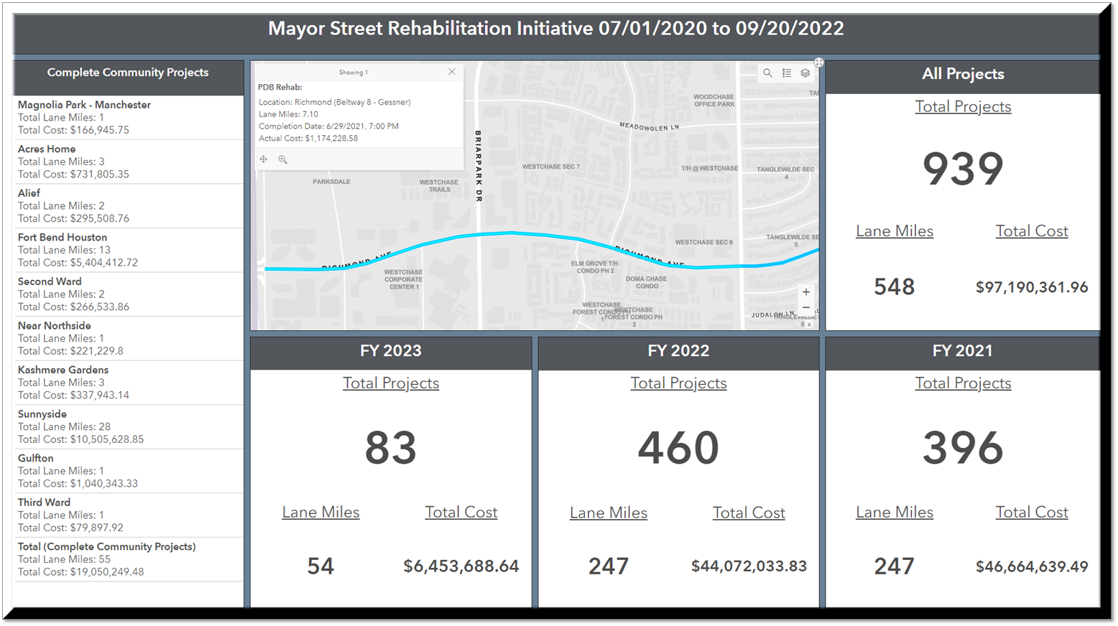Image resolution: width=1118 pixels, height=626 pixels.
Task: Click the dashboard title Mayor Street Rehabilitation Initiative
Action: [x=555, y=29]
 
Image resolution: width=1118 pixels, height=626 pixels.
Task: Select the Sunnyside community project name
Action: [x=42, y=414]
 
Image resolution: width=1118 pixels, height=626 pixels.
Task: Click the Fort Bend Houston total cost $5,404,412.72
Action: [x=78, y=263]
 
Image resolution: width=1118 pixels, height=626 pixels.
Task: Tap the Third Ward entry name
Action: [x=44, y=503]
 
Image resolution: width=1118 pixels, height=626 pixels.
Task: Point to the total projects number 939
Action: [x=963, y=169]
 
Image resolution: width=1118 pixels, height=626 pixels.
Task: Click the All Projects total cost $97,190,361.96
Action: [x=1031, y=287]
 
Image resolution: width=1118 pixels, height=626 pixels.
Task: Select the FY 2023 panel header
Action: [x=391, y=351]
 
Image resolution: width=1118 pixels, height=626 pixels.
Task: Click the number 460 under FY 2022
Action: [x=678, y=448]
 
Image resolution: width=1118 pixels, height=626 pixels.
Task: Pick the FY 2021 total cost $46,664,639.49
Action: [x=1031, y=566]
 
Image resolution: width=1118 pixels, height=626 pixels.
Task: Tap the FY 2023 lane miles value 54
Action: [x=320, y=566]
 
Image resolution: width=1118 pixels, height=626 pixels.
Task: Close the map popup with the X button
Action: [x=452, y=72]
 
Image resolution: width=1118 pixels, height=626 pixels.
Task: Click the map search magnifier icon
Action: [x=767, y=73]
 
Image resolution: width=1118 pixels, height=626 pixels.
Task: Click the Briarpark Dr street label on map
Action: [x=478, y=167]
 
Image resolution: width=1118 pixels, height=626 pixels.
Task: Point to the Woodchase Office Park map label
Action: [x=713, y=101]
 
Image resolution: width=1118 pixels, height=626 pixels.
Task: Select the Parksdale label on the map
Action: [x=331, y=182]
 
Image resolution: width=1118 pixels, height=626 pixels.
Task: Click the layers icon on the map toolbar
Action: [x=805, y=73]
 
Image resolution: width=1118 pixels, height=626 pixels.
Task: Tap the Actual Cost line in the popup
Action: [x=308, y=139]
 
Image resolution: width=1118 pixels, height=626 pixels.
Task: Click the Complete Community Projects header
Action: [x=128, y=73]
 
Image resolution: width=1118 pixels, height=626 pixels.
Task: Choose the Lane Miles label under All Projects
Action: [x=894, y=231]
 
